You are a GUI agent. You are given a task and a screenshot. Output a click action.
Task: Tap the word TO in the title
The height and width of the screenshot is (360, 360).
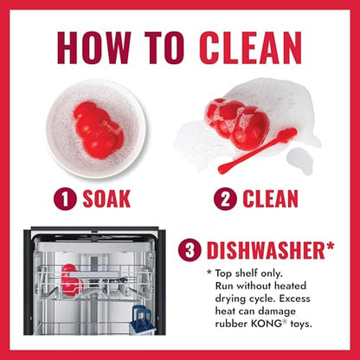point(164,48)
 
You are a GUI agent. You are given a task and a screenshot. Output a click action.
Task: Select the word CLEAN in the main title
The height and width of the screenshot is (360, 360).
point(250,48)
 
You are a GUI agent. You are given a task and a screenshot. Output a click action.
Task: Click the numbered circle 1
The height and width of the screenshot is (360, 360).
point(65,199)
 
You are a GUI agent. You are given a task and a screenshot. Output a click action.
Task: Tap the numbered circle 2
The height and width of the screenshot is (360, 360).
point(225,199)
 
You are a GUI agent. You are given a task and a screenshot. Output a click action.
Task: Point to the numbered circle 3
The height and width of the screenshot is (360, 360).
point(190,250)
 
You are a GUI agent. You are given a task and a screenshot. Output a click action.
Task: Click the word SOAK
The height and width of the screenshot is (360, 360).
point(106,199)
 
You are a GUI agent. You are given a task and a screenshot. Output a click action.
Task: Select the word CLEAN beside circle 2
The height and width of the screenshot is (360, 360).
point(270,199)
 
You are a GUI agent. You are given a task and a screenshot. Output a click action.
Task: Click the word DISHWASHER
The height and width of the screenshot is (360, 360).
point(266,251)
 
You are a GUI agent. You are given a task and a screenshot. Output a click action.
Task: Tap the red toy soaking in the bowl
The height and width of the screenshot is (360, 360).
point(98,127)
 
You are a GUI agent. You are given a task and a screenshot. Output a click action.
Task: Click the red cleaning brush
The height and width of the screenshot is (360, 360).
point(257,151)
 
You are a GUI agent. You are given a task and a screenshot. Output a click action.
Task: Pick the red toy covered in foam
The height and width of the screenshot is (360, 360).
point(236,124)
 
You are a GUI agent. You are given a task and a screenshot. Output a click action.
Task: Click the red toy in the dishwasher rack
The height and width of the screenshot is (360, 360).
point(72,280)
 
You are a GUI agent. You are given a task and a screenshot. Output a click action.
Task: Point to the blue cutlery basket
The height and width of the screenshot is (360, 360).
point(143,319)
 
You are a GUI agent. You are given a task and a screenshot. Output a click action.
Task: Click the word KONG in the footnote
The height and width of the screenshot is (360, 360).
point(266,324)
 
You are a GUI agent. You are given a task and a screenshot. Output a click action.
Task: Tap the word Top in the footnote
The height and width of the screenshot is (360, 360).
point(223,273)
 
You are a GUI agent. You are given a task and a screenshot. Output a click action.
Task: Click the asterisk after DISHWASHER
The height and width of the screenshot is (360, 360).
point(330,247)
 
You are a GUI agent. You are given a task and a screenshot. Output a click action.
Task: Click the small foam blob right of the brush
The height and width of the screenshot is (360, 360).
point(300,160)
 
